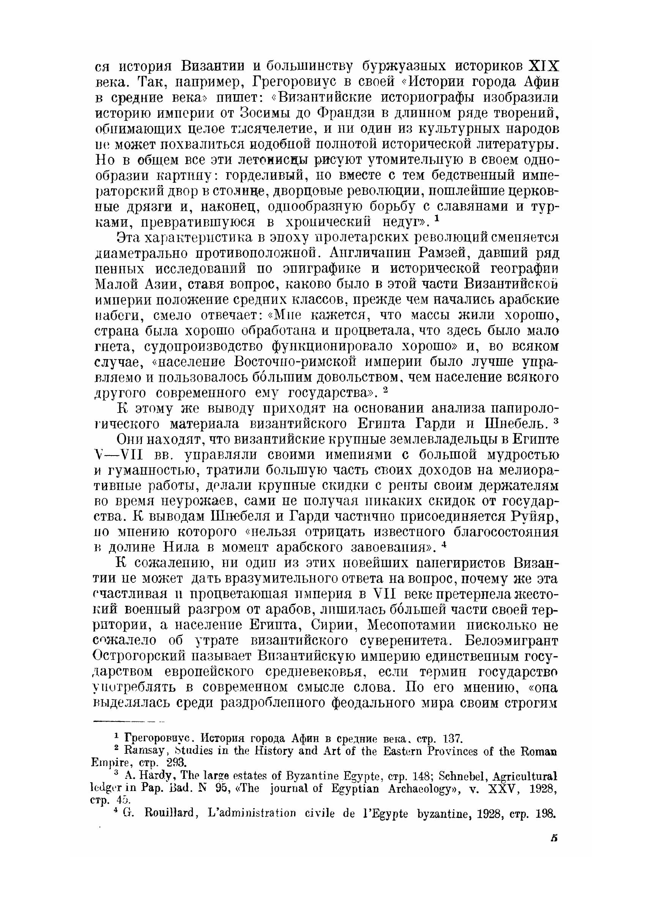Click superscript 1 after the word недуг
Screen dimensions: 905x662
click(437, 219)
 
